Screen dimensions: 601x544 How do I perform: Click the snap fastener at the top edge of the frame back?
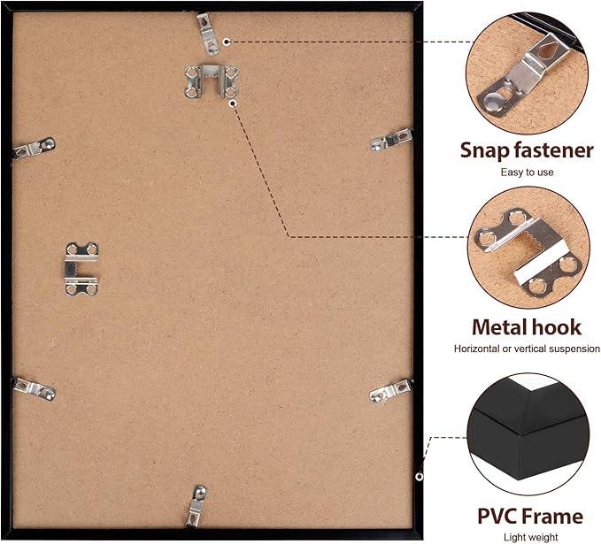click(x=208, y=34)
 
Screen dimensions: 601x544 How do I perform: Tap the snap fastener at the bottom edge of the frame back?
click(x=196, y=507)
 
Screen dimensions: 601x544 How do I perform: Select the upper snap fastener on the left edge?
click(x=34, y=148)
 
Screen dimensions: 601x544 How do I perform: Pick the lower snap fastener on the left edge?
click(x=35, y=389)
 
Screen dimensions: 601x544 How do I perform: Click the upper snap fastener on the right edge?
click(x=391, y=140)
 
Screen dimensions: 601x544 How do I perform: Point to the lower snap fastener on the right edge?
click(x=391, y=392)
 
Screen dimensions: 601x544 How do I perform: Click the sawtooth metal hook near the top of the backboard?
click(x=212, y=81)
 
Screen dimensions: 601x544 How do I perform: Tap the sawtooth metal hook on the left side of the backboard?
click(x=81, y=269)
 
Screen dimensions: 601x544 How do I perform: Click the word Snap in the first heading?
click(x=485, y=150)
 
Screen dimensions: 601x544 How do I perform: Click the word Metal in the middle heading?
click(x=497, y=327)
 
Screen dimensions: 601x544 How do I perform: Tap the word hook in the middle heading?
click(x=554, y=327)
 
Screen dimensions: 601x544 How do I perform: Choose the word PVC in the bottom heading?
click(x=497, y=516)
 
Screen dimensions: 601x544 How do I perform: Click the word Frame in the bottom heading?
click(x=552, y=516)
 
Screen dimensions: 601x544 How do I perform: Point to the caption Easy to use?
click(x=527, y=172)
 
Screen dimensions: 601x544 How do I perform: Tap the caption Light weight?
click(x=531, y=538)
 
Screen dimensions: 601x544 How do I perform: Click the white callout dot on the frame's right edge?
click(x=420, y=476)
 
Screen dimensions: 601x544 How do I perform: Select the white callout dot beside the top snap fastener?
click(x=227, y=42)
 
